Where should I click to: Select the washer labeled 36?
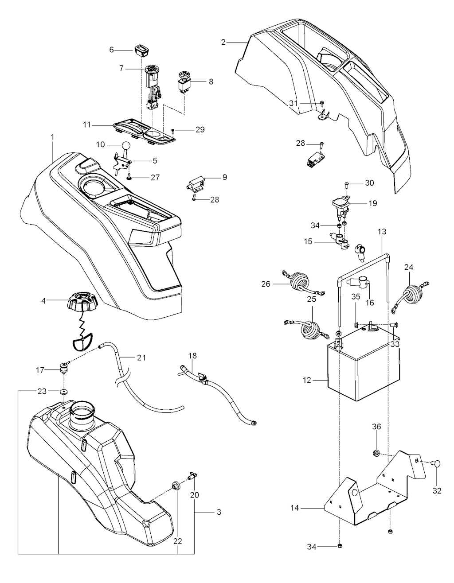click(376, 453)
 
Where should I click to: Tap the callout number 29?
click(200, 129)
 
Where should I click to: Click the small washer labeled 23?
click(65, 392)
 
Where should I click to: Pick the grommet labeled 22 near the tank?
click(176, 486)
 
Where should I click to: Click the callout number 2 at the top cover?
click(223, 42)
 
